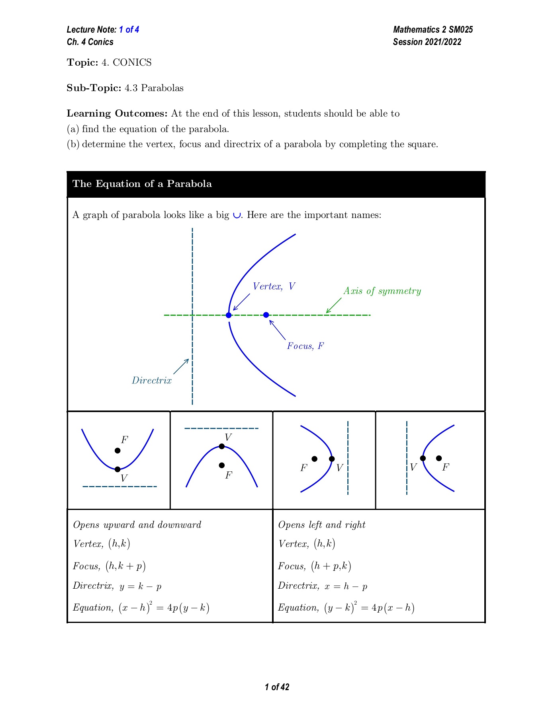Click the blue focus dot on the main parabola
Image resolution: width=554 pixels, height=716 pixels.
pos(266,315)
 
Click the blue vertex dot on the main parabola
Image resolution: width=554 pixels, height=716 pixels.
pos(229,315)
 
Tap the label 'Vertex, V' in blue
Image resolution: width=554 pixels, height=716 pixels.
pos(274,286)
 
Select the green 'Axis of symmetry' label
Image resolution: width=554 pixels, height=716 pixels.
pos(382,291)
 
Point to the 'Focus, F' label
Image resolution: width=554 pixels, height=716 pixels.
pos(305,346)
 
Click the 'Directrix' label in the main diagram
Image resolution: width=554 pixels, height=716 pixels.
pos(152,381)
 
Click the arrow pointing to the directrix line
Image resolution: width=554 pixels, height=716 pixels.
pos(181,366)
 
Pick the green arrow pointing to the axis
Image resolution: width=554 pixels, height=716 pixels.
pos(334,305)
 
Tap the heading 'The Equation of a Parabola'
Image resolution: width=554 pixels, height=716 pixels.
pos(142,184)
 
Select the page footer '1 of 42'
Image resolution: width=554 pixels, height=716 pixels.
pos(277,687)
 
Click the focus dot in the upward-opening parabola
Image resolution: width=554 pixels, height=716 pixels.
pos(117,451)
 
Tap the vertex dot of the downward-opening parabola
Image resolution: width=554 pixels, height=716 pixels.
pos(222,446)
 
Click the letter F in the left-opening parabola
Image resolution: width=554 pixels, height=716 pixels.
pos(303,468)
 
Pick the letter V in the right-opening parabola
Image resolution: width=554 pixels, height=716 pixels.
pos(413,467)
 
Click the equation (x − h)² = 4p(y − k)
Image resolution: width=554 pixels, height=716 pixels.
pos(164,608)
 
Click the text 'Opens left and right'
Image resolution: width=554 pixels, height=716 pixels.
pos(322,525)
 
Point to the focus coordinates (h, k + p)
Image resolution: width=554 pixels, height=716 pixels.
pos(125,566)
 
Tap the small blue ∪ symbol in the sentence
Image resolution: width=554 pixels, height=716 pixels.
pos(237,216)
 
